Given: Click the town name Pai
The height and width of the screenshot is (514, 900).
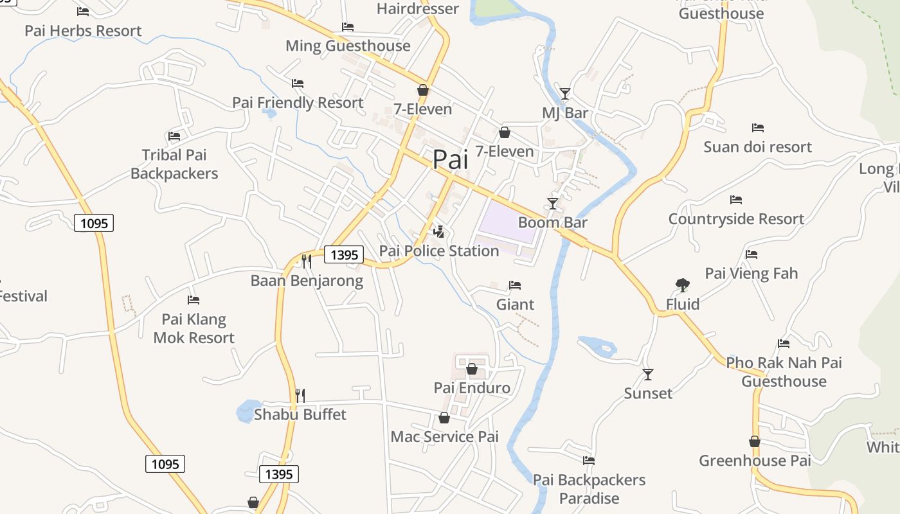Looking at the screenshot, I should [x=450, y=159].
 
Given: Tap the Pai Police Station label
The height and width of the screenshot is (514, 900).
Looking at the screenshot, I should [x=439, y=251].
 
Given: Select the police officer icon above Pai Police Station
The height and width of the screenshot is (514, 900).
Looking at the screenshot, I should [x=439, y=231].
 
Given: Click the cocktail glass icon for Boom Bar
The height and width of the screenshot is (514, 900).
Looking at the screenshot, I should [x=552, y=204].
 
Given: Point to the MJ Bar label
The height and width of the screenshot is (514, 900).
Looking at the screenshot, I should [x=565, y=113].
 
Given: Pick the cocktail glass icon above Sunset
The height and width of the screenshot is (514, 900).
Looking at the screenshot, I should [x=648, y=374].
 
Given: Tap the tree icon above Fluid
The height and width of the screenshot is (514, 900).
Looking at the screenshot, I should [x=683, y=285].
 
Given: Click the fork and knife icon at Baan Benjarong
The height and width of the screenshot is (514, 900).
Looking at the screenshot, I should [x=307, y=261].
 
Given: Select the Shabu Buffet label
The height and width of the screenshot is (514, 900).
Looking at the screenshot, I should [x=300, y=414].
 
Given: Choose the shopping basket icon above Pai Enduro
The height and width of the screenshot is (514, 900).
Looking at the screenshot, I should [x=471, y=369].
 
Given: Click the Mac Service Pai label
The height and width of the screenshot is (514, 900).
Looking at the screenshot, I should [x=445, y=437].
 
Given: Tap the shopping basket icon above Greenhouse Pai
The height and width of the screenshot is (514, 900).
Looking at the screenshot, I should [x=755, y=441].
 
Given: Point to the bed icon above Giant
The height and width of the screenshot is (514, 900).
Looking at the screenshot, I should [x=515, y=285].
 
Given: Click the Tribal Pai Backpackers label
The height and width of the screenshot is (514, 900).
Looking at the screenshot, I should [x=174, y=164].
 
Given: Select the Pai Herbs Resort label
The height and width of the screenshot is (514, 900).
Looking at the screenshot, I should [x=83, y=30].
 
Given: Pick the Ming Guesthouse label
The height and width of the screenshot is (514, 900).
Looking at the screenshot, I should [x=348, y=46].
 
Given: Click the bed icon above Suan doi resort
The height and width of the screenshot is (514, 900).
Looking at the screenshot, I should [x=758, y=128].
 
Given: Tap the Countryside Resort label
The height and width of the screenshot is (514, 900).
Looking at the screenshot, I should [x=736, y=219].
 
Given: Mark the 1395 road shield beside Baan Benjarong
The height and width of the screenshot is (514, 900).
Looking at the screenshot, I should [x=344, y=254].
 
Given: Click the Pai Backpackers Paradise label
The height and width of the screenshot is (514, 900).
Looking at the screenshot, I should [x=589, y=489].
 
